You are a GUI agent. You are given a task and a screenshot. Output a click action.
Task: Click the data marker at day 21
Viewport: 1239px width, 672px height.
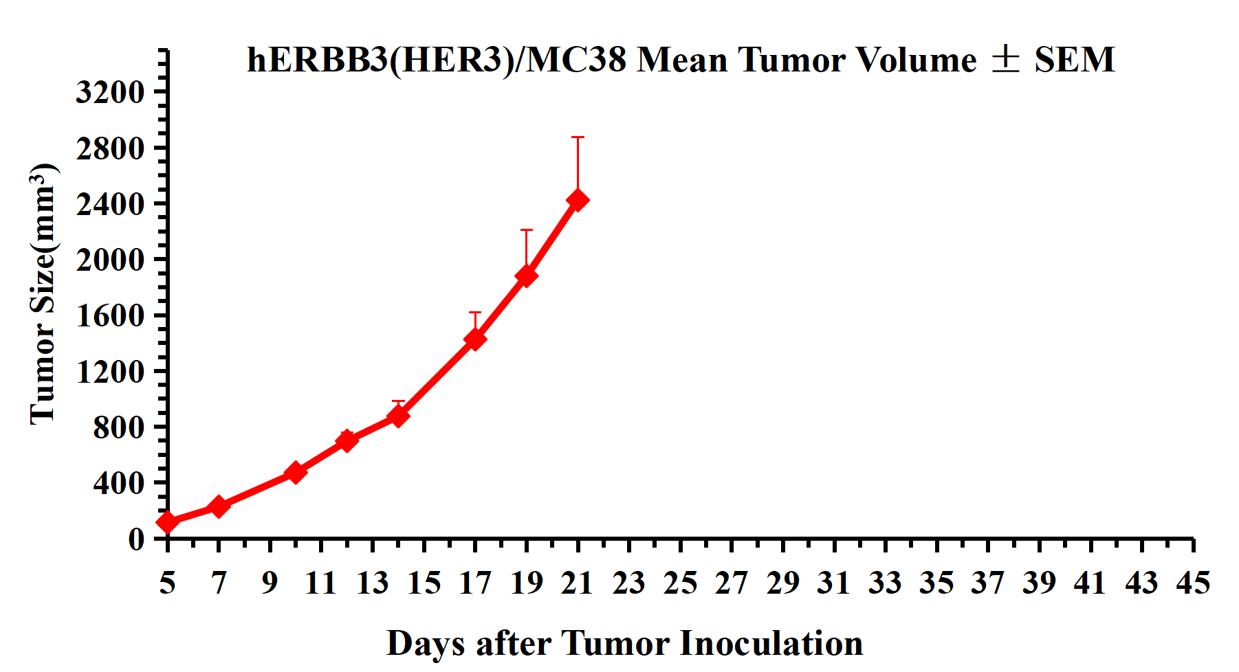[x=578, y=200]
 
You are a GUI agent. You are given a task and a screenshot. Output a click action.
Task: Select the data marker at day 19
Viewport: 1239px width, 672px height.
[x=527, y=276]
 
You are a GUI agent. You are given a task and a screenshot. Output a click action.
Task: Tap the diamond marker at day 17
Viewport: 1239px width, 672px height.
[x=475, y=339]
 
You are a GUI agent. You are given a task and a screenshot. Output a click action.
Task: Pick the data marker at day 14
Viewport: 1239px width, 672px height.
[x=398, y=416]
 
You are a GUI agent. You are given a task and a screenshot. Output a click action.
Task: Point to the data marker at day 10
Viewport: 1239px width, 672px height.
[x=296, y=472]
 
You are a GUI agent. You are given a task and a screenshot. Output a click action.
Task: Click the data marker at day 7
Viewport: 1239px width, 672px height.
[x=219, y=506]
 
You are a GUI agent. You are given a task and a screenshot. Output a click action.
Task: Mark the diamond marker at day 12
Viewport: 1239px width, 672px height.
[x=347, y=440]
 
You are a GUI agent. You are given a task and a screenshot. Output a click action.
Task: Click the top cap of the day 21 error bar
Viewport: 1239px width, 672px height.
[x=578, y=137]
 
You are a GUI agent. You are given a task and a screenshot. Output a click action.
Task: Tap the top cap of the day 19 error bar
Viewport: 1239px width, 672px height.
[x=527, y=230]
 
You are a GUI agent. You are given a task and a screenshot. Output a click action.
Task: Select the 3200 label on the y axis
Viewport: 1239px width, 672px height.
[x=110, y=91]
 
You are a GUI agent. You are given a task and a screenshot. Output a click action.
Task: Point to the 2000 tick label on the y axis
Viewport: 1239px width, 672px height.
[x=110, y=260]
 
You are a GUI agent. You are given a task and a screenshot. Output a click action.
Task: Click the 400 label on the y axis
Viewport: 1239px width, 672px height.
[x=119, y=483]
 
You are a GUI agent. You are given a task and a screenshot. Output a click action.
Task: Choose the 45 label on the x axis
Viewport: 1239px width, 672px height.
[x=1193, y=583]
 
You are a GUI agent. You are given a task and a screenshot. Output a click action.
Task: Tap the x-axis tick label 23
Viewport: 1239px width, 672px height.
[x=628, y=583]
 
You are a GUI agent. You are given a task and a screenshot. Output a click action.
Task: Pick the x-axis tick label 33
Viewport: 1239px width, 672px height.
[x=885, y=583]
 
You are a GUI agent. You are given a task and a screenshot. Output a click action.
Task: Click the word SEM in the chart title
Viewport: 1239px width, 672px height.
[x=1075, y=60]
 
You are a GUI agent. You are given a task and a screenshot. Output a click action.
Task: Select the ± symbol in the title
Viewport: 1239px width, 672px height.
[x=1005, y=59]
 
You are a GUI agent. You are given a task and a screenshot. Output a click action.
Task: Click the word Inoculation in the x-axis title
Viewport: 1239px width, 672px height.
[x=771, y=644]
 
